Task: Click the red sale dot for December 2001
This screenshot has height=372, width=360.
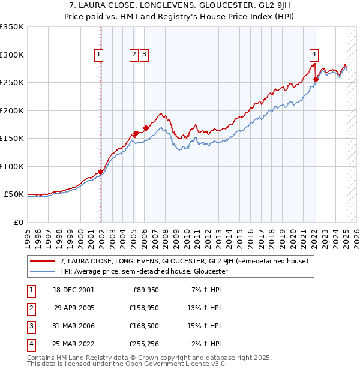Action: coord(100,172)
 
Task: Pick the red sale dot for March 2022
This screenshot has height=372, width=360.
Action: coord(316,79)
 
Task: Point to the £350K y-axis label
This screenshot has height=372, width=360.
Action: coord(12,27)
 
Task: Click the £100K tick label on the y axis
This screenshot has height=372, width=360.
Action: coord(12,167)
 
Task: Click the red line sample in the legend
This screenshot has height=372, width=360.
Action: coord(42,261)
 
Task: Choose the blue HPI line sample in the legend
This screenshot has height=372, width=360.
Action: coord(42,271)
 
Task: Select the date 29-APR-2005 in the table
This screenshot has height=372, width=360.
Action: coord(74,308)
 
